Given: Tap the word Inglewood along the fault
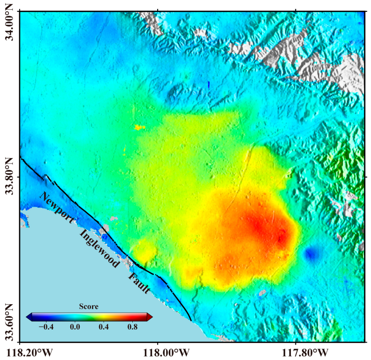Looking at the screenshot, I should pyautogui.click(x=99, y=249).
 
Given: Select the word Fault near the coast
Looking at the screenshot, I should pyautogui.click(x=139, y=283).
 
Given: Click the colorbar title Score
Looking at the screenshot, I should pyautogui.click(x=89, y=307).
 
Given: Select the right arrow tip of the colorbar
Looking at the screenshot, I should pyautogui.click(x=152, y=316).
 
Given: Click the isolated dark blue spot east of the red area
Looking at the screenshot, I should pyautogui.click(x=310, y=254).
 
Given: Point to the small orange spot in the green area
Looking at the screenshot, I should pyautogui.click(x=138, y=127).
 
